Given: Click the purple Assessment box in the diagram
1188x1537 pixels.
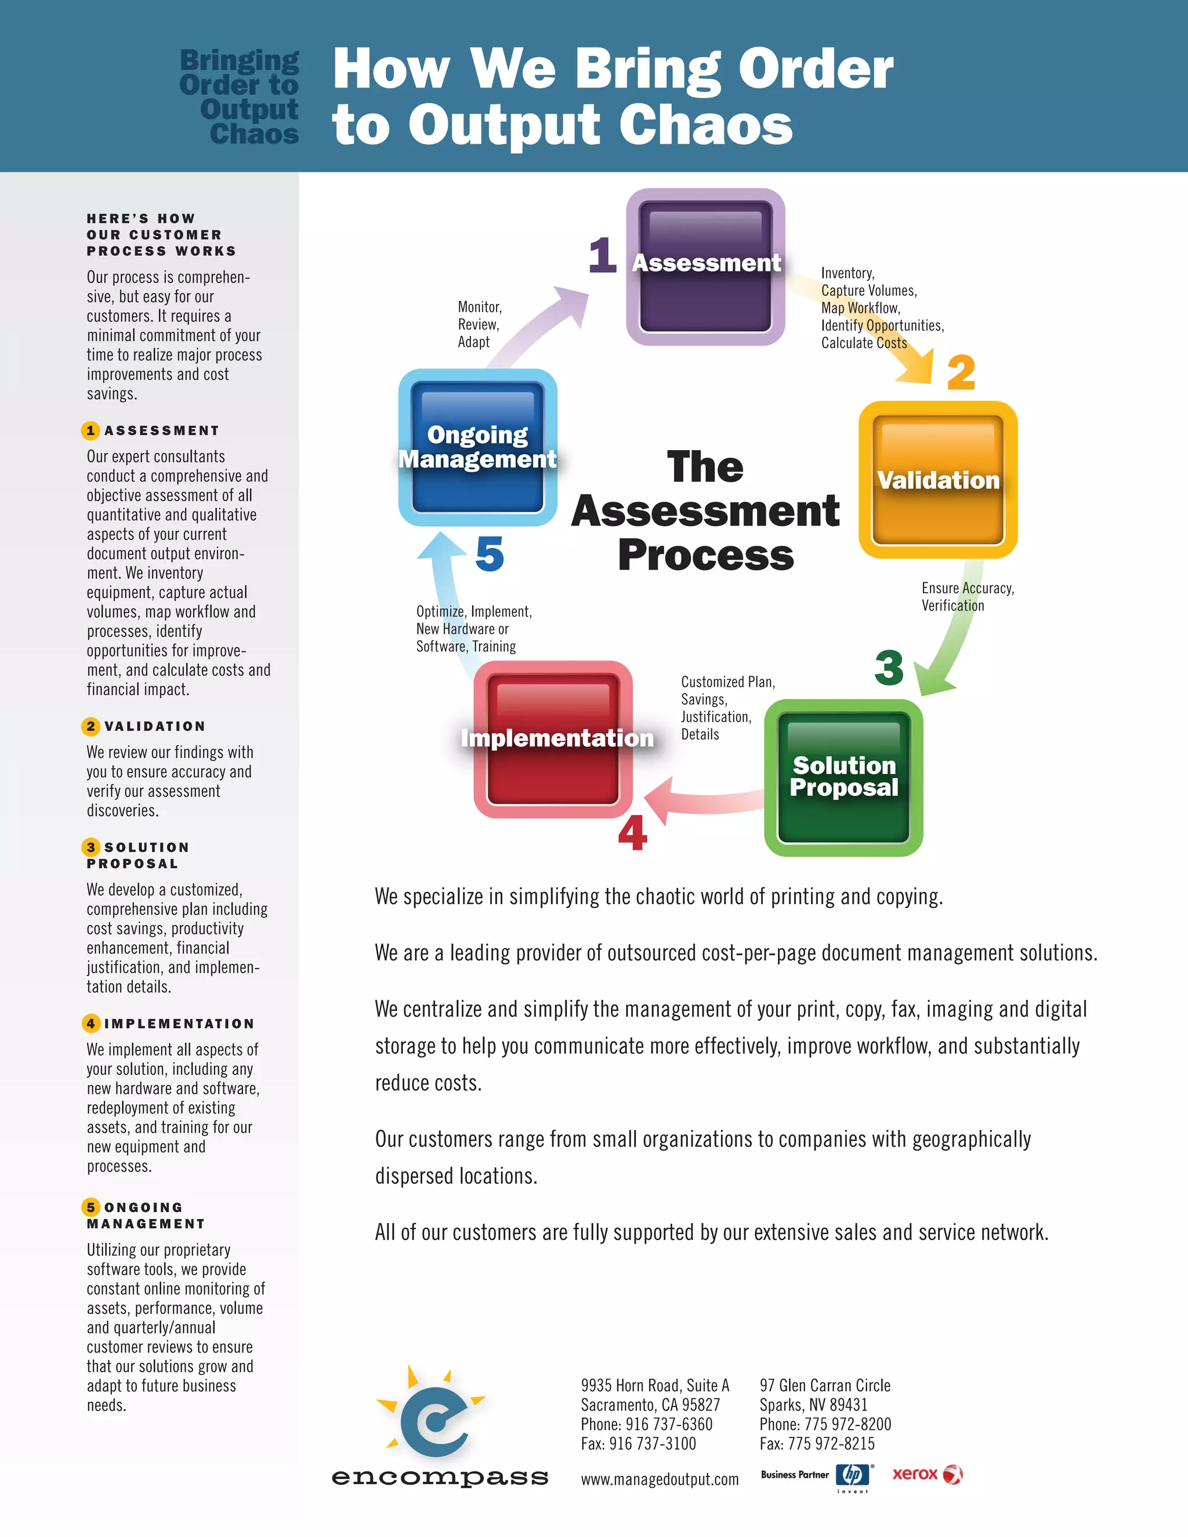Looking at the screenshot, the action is click(705, 267).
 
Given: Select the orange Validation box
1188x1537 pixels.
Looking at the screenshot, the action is click(937, 480).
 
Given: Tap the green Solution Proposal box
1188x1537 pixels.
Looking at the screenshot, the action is click(843, 778).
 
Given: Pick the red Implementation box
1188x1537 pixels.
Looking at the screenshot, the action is click(553, 739).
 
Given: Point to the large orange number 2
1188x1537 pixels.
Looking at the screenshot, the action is click(961, 372).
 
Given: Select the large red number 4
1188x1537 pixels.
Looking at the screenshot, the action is click(632, 833).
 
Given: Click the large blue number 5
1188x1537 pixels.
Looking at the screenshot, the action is click(490, 554).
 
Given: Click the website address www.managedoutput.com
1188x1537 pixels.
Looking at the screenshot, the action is click(660, 1480).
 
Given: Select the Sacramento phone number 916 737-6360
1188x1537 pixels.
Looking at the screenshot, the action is click(669, 1424).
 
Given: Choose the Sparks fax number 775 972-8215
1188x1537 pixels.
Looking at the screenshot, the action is click(831, 1444).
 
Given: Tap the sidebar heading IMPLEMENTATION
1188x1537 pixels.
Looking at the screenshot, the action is click(179, 1024).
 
